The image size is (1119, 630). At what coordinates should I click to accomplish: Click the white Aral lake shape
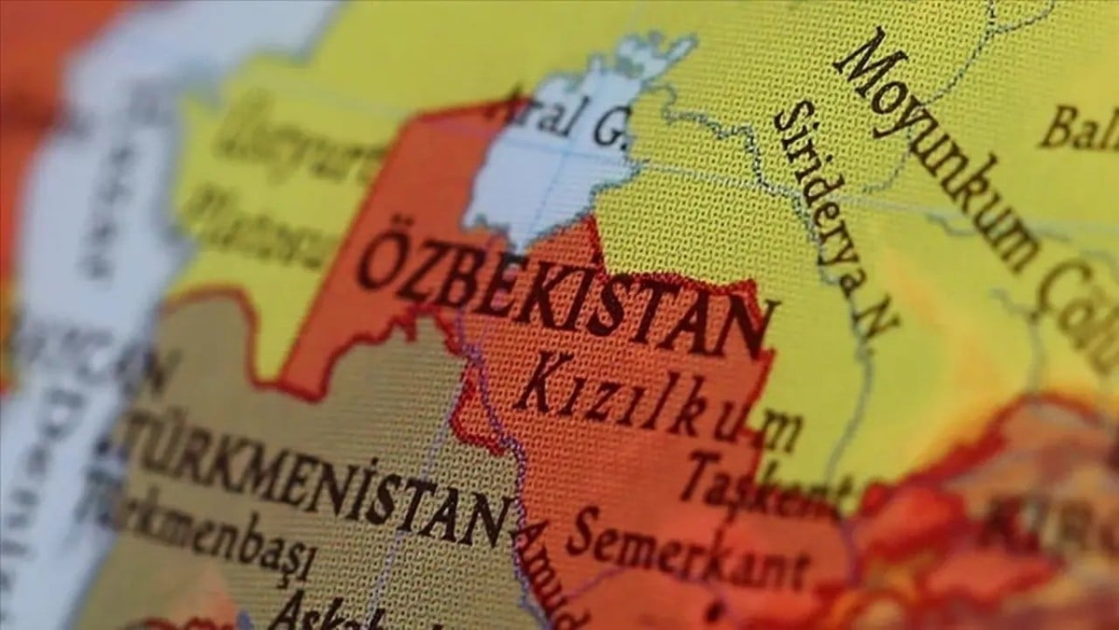coord(551,175)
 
